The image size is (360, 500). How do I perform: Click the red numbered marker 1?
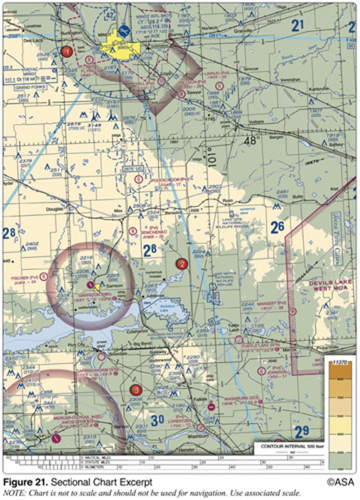[67, 52]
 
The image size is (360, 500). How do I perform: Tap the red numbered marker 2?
[182, 264]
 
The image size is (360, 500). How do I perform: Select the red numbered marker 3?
[136, 390]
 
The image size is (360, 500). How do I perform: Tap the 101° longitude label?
[211, 157]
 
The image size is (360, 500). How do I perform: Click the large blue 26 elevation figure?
[277, 227]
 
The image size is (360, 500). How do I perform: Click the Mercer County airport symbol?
[56, 438]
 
